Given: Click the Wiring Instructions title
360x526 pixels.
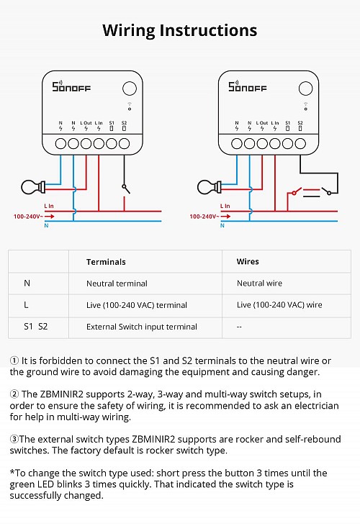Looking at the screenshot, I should [x=179, y=30].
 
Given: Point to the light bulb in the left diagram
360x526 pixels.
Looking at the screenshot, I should [x=32, y=188].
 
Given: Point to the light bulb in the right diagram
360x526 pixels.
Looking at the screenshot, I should [x=208, y=188].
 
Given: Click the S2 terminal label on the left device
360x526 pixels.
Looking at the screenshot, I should [x=124, y=123].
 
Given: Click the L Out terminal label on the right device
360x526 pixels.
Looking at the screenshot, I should [x=262, y=123].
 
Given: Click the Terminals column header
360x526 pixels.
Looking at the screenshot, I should [x=106, y=262].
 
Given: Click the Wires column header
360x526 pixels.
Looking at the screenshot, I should [x=248, y=262].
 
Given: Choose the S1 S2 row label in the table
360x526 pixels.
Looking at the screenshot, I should [x=35, y=327].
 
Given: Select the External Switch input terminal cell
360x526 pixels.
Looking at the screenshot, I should [x=141, y=327].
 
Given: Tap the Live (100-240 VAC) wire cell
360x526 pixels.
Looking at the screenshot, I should [x=279, y=305].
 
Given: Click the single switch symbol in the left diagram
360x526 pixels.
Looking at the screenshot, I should [x=125, y=188].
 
